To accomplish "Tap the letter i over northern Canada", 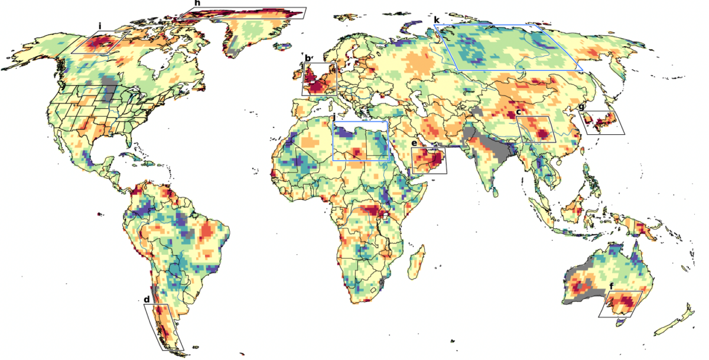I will (101, 26).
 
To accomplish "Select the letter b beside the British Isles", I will (307, 57).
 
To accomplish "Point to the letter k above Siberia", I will (437, 20).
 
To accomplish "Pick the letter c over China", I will (518, 112).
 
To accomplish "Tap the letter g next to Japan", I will (581, 107).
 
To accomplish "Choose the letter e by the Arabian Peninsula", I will (414, 144).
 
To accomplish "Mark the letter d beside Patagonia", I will (147, 300).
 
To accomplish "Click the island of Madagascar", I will (417, 262).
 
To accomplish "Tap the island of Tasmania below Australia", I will (620, 322).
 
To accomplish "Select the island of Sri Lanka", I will (494, 191).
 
